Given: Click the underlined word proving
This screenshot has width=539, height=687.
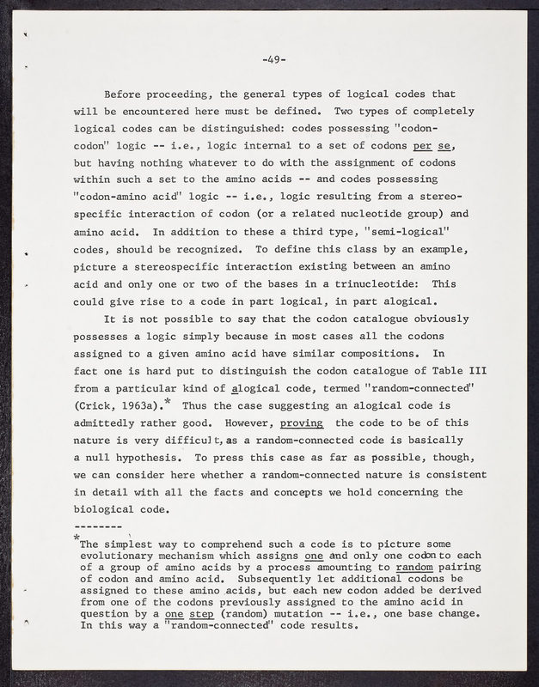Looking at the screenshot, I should coord(301,423).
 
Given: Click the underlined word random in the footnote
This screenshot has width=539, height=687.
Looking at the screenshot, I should coord(414,567).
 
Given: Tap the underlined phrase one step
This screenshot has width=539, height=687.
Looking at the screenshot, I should coord(187,613).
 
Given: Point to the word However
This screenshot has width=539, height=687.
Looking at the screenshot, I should coord(248,423).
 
